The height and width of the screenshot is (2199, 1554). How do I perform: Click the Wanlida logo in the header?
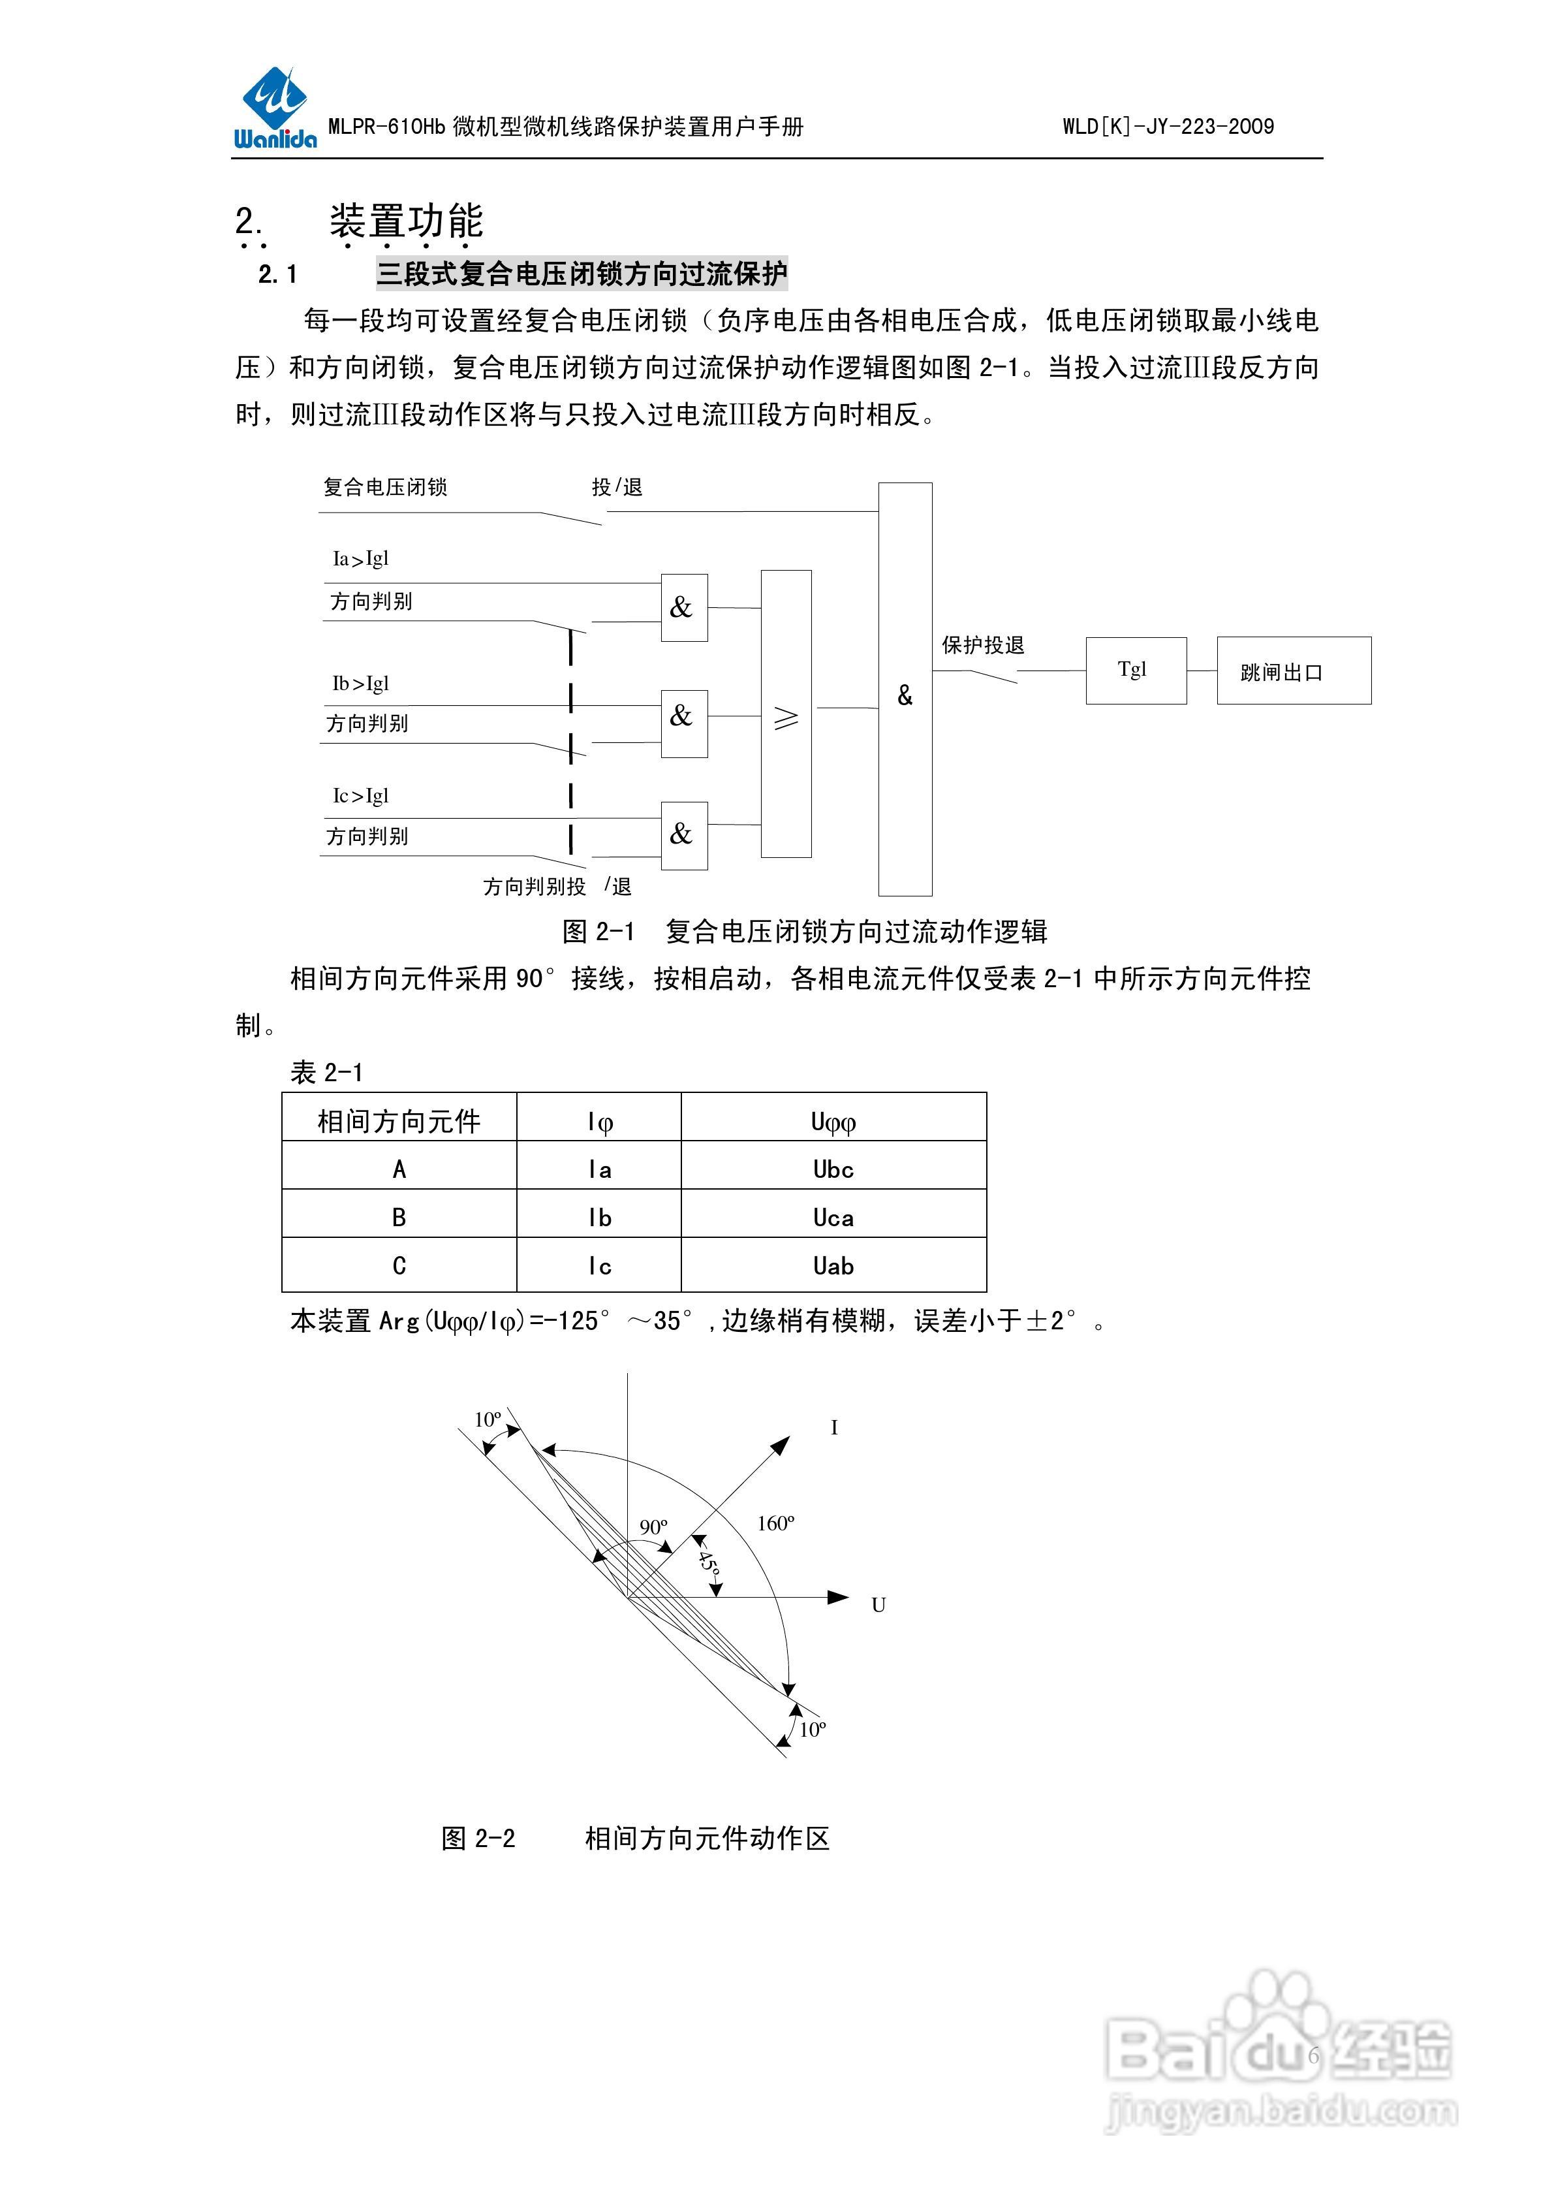click(274, 109)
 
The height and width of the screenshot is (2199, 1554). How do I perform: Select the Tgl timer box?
click(1136, 671)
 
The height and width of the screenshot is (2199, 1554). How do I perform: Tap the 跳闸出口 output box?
click(1292, 671)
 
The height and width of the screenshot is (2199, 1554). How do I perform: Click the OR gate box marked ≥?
click(786, 714)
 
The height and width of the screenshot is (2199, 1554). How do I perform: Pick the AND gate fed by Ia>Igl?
click(683, 607)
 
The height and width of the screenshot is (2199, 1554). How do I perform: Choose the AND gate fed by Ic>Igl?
click(683, 835)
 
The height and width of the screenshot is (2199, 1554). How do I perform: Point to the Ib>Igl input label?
click(360, 684)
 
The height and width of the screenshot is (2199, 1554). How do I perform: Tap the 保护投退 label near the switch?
click(982, 646)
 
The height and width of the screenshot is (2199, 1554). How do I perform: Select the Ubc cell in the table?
click(833, 1169)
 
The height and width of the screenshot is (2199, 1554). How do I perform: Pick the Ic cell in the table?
click(599, 1266)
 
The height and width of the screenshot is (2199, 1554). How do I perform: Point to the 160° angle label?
click(775, 1523)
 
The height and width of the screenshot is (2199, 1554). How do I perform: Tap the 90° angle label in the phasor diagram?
click(654, 1527)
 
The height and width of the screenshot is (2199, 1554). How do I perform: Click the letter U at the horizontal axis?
click(878, 1606)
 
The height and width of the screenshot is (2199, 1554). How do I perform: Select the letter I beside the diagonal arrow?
click(834, 1428)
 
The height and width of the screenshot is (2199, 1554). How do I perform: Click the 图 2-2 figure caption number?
click(479, 1839)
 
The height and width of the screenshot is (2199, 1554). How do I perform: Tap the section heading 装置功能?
click(406, 222)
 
